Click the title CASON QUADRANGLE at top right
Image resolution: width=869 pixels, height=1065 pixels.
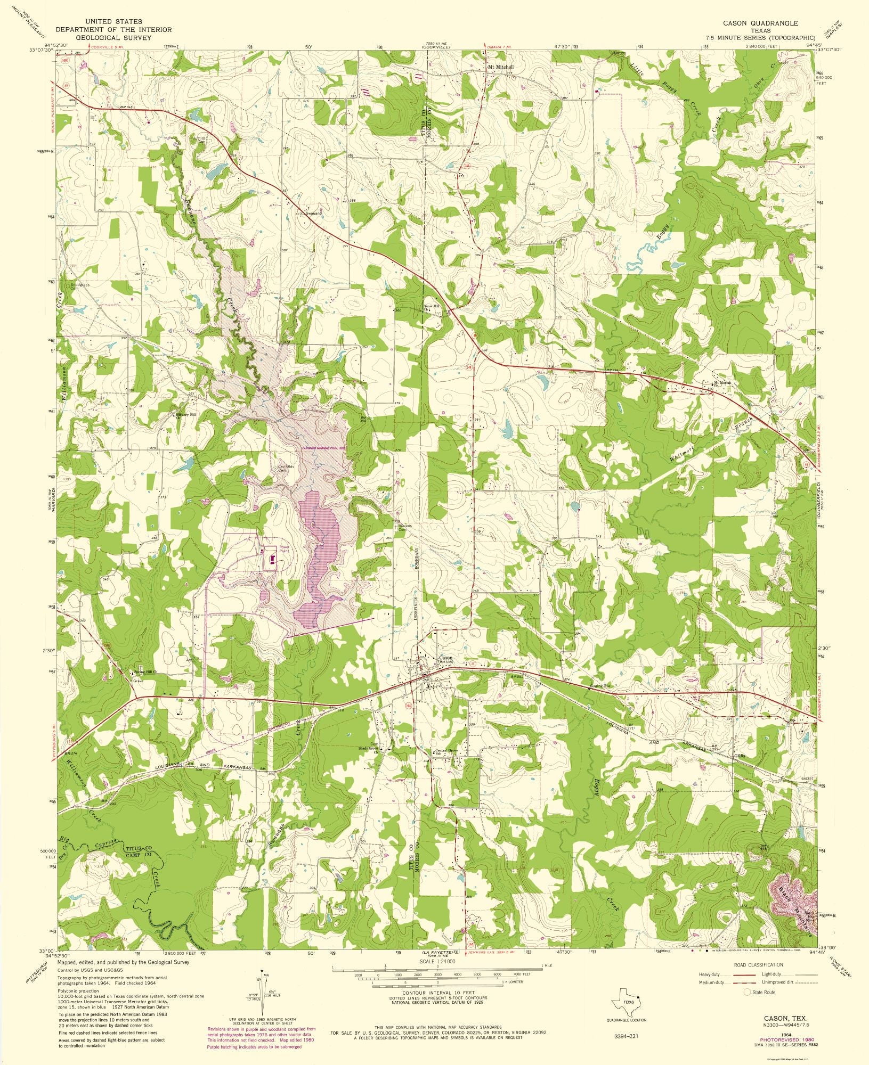pyautogui.click(x=760, y=23)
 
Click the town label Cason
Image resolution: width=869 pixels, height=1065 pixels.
pyautogui.click(x=445, y=658)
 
